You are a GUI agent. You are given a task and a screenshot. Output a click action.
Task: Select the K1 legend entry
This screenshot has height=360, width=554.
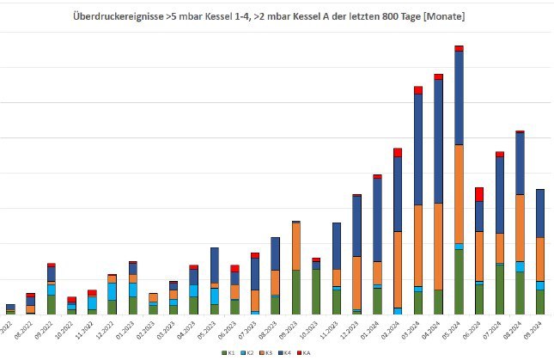click(228, 353)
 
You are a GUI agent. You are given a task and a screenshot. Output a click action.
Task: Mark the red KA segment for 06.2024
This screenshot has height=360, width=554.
click(479, 194)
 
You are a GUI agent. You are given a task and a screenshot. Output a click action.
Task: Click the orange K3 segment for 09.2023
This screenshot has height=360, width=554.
click(296, 247)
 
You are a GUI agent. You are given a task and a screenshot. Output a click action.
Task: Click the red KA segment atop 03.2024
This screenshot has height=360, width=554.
click(418, 89)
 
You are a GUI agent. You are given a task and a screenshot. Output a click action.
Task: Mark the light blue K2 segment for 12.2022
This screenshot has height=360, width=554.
click(112, 291)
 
